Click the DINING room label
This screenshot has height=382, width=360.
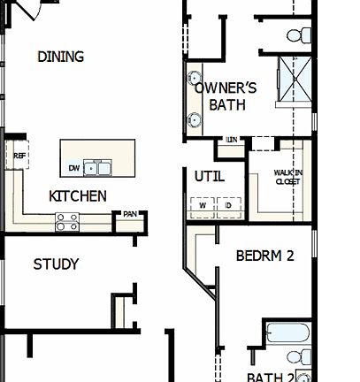(x=61, y=57)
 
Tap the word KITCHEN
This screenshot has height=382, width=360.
(x=78, y=196)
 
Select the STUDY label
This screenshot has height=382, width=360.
(x=56, y=264)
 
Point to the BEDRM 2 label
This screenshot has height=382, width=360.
(x=264, y=256)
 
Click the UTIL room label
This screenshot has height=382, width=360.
(x=209, y=176)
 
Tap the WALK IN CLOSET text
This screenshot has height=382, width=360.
(x=287, y=177)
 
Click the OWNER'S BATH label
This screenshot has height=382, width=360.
(x=226, y=96)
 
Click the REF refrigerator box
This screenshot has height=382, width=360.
(x=19, y=156)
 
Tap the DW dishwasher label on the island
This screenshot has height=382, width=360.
(x=73, y=168)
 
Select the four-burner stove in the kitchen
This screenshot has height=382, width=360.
(x=67, y=222)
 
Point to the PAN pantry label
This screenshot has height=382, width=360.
(x=129, y=213)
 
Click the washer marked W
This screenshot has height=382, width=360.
(x=202, y=204)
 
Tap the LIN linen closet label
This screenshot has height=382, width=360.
(x=232, y=140)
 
